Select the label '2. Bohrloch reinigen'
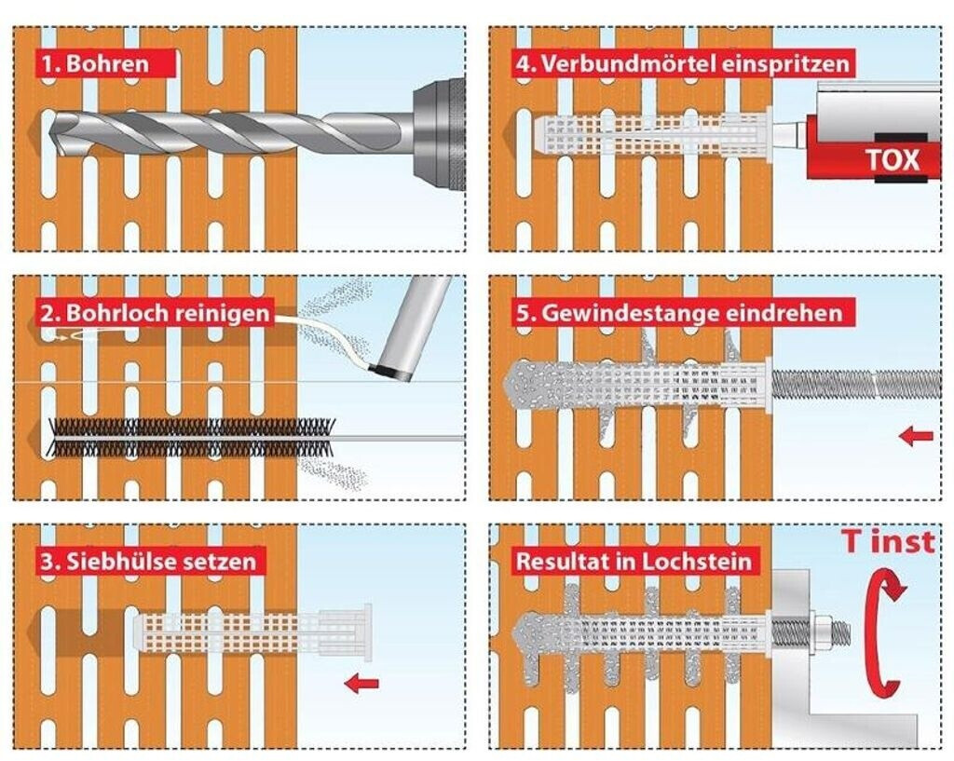[x=155, y=312]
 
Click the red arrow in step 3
[x=361, y=684]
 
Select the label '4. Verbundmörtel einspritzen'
[x=683, y=64]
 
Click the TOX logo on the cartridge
[x=892, y=159]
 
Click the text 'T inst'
[x=887, y=542]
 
